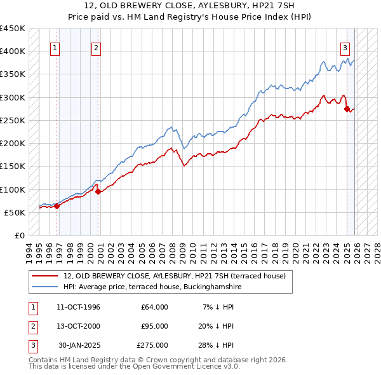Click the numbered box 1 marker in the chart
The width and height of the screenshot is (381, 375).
(x=55, y=47)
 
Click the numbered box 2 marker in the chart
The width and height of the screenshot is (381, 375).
(x=96, y=47)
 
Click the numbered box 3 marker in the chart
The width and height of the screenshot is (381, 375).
(x=345, y=47)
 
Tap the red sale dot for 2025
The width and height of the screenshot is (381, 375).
(x=347, y=109)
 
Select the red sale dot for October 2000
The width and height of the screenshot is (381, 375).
(x=98, y=191)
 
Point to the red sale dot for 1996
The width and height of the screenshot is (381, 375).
(x=57, y=205)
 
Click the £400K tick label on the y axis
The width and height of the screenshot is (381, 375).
(x=12, y=51)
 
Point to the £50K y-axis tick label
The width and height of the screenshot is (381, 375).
(x=15, y=212)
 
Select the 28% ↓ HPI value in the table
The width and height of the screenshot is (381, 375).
(x=215, y=345)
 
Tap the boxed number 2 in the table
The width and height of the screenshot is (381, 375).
(x=32, y=326)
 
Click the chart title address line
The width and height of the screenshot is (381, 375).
(x=190, y=6)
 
